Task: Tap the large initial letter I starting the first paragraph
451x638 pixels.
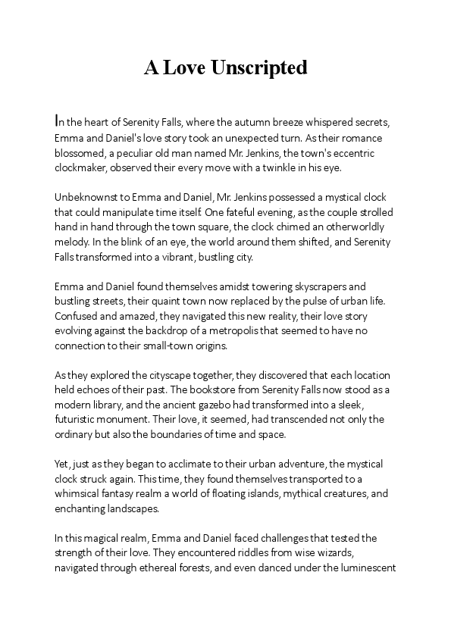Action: pos(57,120)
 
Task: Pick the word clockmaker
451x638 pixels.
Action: pos(83,169)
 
